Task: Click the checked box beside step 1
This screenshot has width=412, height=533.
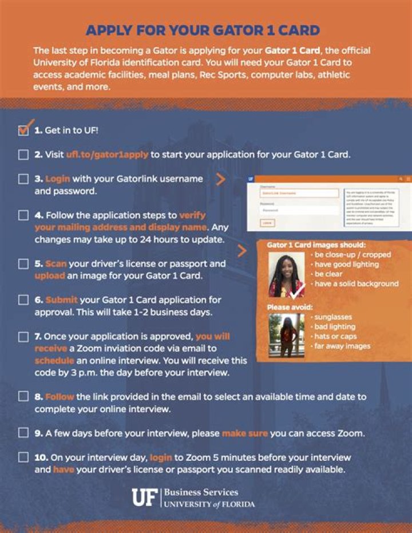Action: (23, 131)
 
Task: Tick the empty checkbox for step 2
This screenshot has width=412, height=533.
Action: (23, 155)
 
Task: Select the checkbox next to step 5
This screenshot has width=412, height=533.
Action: (23, 264)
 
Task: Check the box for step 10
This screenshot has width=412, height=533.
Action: (23, 457)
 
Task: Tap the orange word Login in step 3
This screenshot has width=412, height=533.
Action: (57, 179)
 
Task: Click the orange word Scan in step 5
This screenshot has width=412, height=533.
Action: (56, 264)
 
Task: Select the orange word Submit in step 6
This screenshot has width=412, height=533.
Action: (61, 299)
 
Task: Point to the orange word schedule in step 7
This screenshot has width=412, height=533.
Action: (54, 361)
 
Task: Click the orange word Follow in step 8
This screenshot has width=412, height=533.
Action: (60, 396)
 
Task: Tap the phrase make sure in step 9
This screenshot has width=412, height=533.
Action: (244, 433)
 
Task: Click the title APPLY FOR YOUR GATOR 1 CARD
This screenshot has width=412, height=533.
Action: (203, 30)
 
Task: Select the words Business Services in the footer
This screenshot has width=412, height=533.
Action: (201, 492)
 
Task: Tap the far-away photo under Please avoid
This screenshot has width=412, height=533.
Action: (286, 335)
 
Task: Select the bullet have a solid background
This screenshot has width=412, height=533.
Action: (356, 283)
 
